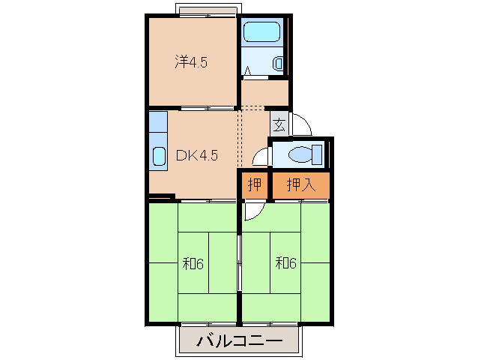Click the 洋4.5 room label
191,62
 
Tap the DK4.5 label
196,156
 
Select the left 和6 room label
193,263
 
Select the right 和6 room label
286,263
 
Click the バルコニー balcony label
240,342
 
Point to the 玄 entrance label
279,124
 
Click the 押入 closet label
300,185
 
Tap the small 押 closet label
255,185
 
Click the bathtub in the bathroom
261,32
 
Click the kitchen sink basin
159,156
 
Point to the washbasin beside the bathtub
278,64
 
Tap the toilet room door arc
260,155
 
